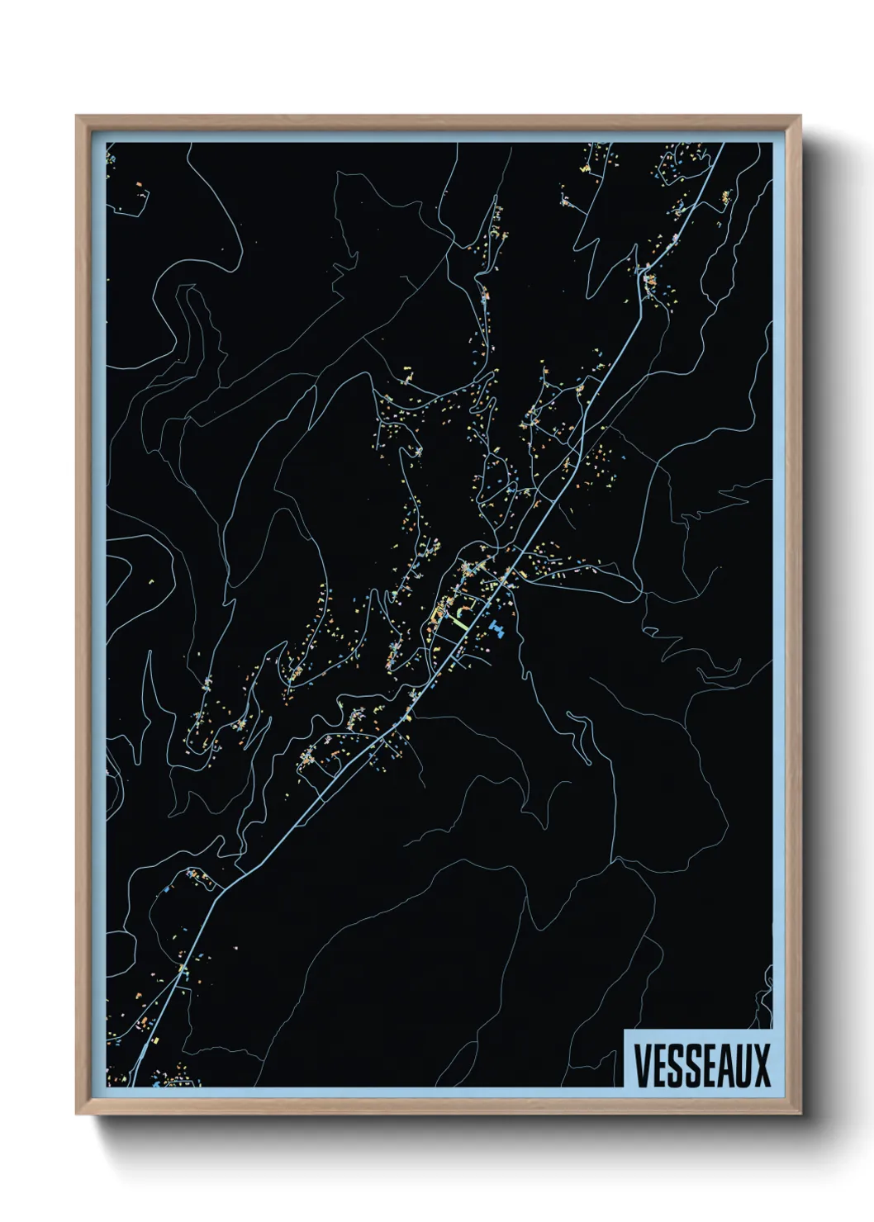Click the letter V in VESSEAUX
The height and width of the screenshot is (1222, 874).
coord(642,1065)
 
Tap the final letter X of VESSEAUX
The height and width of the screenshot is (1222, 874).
coord(761,1065)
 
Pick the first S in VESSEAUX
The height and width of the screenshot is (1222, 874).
coord(674,1065)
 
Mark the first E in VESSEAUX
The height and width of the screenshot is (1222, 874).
coord(658,1065)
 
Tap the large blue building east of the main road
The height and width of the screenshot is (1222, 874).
coord(496,631)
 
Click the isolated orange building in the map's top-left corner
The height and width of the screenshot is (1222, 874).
coord(138,184)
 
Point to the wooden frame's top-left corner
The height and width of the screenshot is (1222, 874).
coord(77,116)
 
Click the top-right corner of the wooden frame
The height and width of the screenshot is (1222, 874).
coord(800,116)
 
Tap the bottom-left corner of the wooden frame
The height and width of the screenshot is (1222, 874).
coord(77,1114)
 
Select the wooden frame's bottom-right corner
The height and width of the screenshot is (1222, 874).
coord(800,1114)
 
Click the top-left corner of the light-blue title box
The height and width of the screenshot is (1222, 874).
coord(625,1031)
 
